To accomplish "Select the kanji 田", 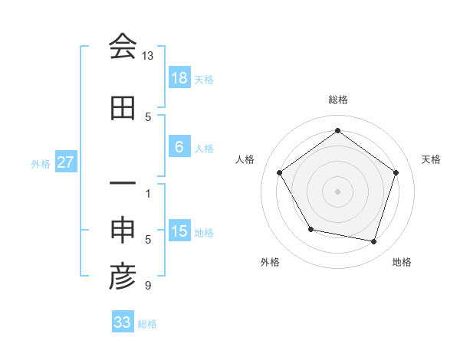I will point(123,108).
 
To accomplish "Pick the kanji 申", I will point(123,231).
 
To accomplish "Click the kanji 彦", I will point(123,278).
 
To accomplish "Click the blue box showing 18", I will point(179,78).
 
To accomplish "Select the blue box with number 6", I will point(179,147).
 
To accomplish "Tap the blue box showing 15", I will point(179,231).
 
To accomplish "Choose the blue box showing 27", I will point(66,162).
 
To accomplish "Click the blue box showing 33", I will point(123,322).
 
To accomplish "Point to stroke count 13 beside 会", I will point(147,56).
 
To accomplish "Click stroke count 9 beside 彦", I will point(147,286).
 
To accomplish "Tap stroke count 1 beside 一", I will point(148,194).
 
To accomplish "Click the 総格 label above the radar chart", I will point(337,100).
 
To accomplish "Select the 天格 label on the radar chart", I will point(431,159).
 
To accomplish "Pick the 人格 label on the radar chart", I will point(245,159).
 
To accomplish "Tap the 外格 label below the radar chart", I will point(270,262).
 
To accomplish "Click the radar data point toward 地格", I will point(374,242).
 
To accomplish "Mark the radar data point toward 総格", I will point(337,130).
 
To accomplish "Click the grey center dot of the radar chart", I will point(337,191).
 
